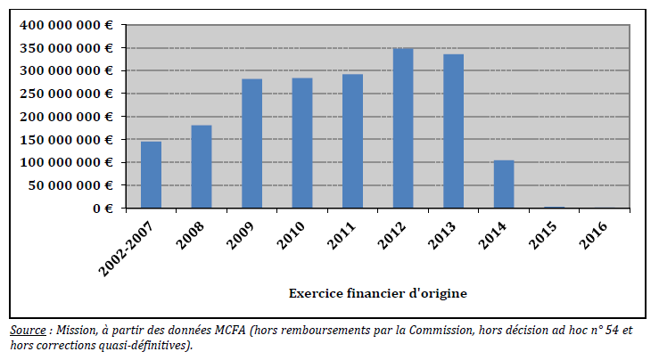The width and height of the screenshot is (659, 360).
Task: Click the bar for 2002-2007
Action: [x=151, y=175]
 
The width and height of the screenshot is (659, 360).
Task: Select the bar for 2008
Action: [x=202, y=167]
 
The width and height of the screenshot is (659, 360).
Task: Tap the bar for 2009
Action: [x=251, y=143]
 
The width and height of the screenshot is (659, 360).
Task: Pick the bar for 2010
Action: [x=302, y=143]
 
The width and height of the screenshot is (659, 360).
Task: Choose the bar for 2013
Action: [x=453, y=131]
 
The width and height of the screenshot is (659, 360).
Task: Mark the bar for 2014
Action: [x=504, y=184]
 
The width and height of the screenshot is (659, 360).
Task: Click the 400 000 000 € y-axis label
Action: [x=66, y=24]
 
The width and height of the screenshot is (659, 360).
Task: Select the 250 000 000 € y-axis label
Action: [x=66, y=94]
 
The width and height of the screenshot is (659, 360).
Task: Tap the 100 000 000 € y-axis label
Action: [x=66, y=162]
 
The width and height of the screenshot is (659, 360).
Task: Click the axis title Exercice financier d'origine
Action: [x=378, y=292]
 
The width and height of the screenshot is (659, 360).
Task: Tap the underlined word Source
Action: [x=29, y=331]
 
